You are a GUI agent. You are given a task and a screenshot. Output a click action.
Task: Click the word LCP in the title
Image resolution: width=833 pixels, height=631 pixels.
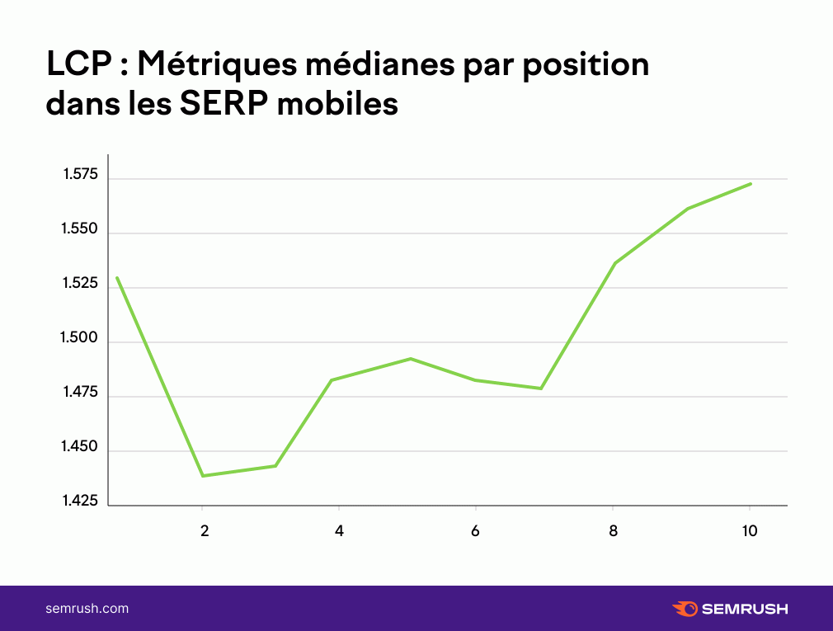79,64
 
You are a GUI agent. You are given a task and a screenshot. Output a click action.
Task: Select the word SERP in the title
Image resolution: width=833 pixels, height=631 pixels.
224,103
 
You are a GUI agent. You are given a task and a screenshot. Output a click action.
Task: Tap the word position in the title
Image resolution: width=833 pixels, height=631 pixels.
586,66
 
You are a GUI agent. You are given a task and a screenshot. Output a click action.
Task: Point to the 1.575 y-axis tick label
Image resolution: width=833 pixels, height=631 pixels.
81,174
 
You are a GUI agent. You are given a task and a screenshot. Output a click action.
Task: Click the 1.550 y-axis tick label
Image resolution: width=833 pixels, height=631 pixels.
80,228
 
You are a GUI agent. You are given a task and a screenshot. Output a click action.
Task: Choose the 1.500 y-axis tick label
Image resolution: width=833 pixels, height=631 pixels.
79,337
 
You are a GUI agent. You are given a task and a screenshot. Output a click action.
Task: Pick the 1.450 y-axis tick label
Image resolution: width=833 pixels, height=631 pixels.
80,446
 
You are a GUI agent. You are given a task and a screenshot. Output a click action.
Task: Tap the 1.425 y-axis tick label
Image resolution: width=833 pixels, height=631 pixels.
80,501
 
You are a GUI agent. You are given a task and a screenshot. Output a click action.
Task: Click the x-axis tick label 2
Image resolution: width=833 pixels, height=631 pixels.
205,530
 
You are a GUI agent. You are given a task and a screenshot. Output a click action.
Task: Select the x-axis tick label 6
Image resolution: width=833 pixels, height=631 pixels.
475,530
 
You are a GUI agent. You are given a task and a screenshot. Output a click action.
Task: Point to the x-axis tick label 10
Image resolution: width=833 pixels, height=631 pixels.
749,530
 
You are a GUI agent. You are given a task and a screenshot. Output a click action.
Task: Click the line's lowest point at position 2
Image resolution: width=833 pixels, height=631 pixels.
203,475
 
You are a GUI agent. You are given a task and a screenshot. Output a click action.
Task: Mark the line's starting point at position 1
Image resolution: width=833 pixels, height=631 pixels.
117,278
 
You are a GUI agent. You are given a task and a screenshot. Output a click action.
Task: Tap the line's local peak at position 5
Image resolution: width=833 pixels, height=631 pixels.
411,359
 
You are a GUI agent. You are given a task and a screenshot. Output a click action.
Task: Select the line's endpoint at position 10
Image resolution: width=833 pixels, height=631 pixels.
751,184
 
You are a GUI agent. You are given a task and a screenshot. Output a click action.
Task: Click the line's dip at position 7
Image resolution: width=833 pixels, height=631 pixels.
541,388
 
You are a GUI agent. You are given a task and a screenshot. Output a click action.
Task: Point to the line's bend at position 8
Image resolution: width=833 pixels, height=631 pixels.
614,263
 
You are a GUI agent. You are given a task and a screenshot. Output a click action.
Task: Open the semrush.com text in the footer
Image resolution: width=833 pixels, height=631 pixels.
87,609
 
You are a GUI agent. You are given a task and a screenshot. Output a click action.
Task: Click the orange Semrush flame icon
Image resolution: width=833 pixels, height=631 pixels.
685,609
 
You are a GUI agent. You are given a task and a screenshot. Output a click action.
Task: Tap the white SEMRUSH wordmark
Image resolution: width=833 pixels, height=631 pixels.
745,609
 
